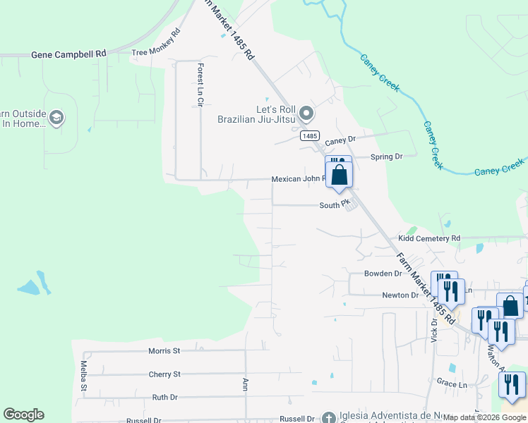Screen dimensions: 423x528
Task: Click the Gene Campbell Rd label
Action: [68, 54]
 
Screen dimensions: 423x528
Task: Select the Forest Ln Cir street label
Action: [200, 85]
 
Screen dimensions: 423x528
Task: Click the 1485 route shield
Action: [310, 135]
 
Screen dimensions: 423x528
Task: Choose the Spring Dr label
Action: [387, 157]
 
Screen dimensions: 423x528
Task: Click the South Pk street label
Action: [335, 205]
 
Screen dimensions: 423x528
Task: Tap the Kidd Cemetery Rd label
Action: [428, 239]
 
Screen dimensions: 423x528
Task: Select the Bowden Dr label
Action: [383, 273]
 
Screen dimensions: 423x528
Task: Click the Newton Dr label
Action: [400, 295]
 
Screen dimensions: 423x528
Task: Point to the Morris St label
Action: [164, 350]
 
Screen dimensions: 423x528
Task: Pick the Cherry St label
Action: [164, 374]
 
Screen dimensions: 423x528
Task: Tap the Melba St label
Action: [83, 376]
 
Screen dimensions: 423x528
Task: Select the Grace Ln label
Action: [452, 384]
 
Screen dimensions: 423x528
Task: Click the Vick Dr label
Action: [434, 329]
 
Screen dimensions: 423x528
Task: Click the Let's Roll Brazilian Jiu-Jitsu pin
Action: [306, 113]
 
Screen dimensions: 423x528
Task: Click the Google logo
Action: [23, 415]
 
